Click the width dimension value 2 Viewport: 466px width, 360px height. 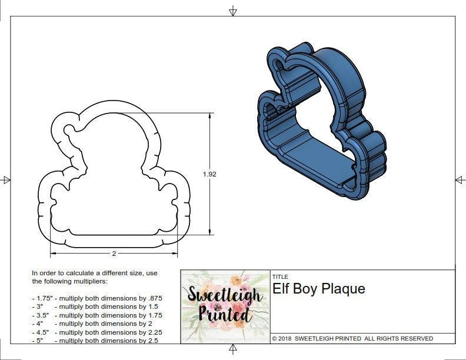114,254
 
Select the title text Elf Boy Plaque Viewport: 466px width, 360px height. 318,289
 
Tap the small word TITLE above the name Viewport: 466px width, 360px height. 279,276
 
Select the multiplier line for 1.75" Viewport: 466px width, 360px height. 96,298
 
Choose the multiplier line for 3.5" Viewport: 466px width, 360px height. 96,315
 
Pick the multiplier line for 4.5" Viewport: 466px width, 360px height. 96,332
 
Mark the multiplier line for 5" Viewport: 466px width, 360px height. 95,341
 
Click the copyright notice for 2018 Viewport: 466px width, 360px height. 352,339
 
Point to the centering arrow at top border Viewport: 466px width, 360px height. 233,11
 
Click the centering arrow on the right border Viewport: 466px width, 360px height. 460,179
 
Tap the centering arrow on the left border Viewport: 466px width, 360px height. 6,179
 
